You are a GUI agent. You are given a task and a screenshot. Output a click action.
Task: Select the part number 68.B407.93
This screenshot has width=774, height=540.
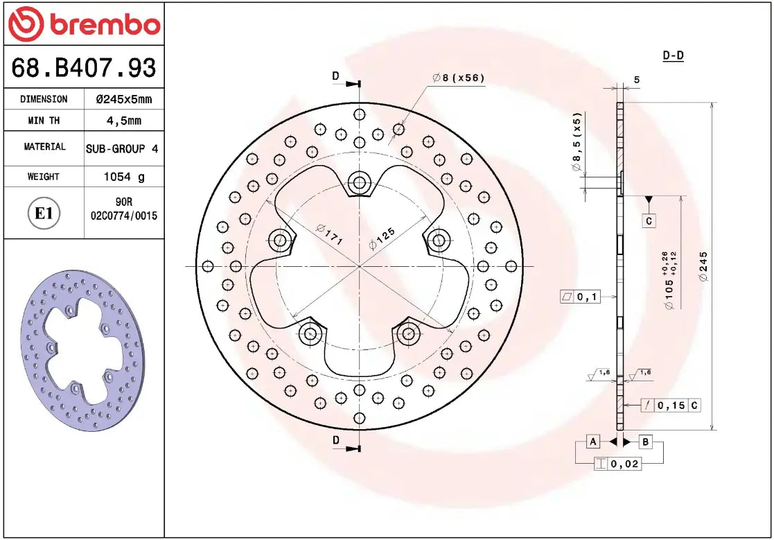point(84,68)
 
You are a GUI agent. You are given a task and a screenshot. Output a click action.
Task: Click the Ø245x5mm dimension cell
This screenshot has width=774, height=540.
point(123,99)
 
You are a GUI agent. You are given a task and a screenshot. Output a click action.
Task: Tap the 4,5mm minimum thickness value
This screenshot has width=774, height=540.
point(123,121)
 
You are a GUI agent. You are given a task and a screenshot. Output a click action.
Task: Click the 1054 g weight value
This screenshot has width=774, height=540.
point(124,177)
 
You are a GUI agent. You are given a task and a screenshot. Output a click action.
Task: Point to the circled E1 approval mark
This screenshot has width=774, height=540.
point(44,213)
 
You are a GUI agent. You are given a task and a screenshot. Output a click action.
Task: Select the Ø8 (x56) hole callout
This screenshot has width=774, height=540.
point(458,78)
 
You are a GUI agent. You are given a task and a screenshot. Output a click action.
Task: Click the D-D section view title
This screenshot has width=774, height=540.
point(673,55)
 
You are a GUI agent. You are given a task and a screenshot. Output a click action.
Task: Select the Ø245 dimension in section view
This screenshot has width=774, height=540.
point(703,267)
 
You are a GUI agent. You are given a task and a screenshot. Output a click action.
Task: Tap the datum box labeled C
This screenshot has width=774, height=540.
point(649,221)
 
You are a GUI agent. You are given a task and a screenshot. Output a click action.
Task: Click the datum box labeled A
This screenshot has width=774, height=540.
point(593,442)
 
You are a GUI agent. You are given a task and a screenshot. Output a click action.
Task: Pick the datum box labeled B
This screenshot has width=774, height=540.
point(645,442)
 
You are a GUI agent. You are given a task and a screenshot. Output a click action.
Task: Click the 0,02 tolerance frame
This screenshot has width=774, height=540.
point(617,464)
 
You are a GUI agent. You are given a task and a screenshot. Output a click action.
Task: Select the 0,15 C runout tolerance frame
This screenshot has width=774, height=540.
point(670,405)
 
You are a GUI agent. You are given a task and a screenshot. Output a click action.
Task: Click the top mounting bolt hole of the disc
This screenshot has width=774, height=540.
point(359,183)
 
